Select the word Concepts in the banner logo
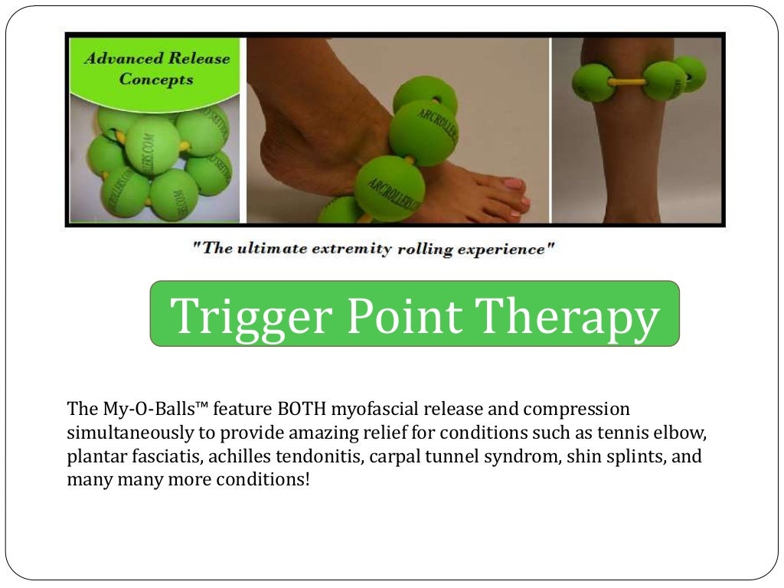[x=156, y=80]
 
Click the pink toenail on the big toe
[x=514, y=185]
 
